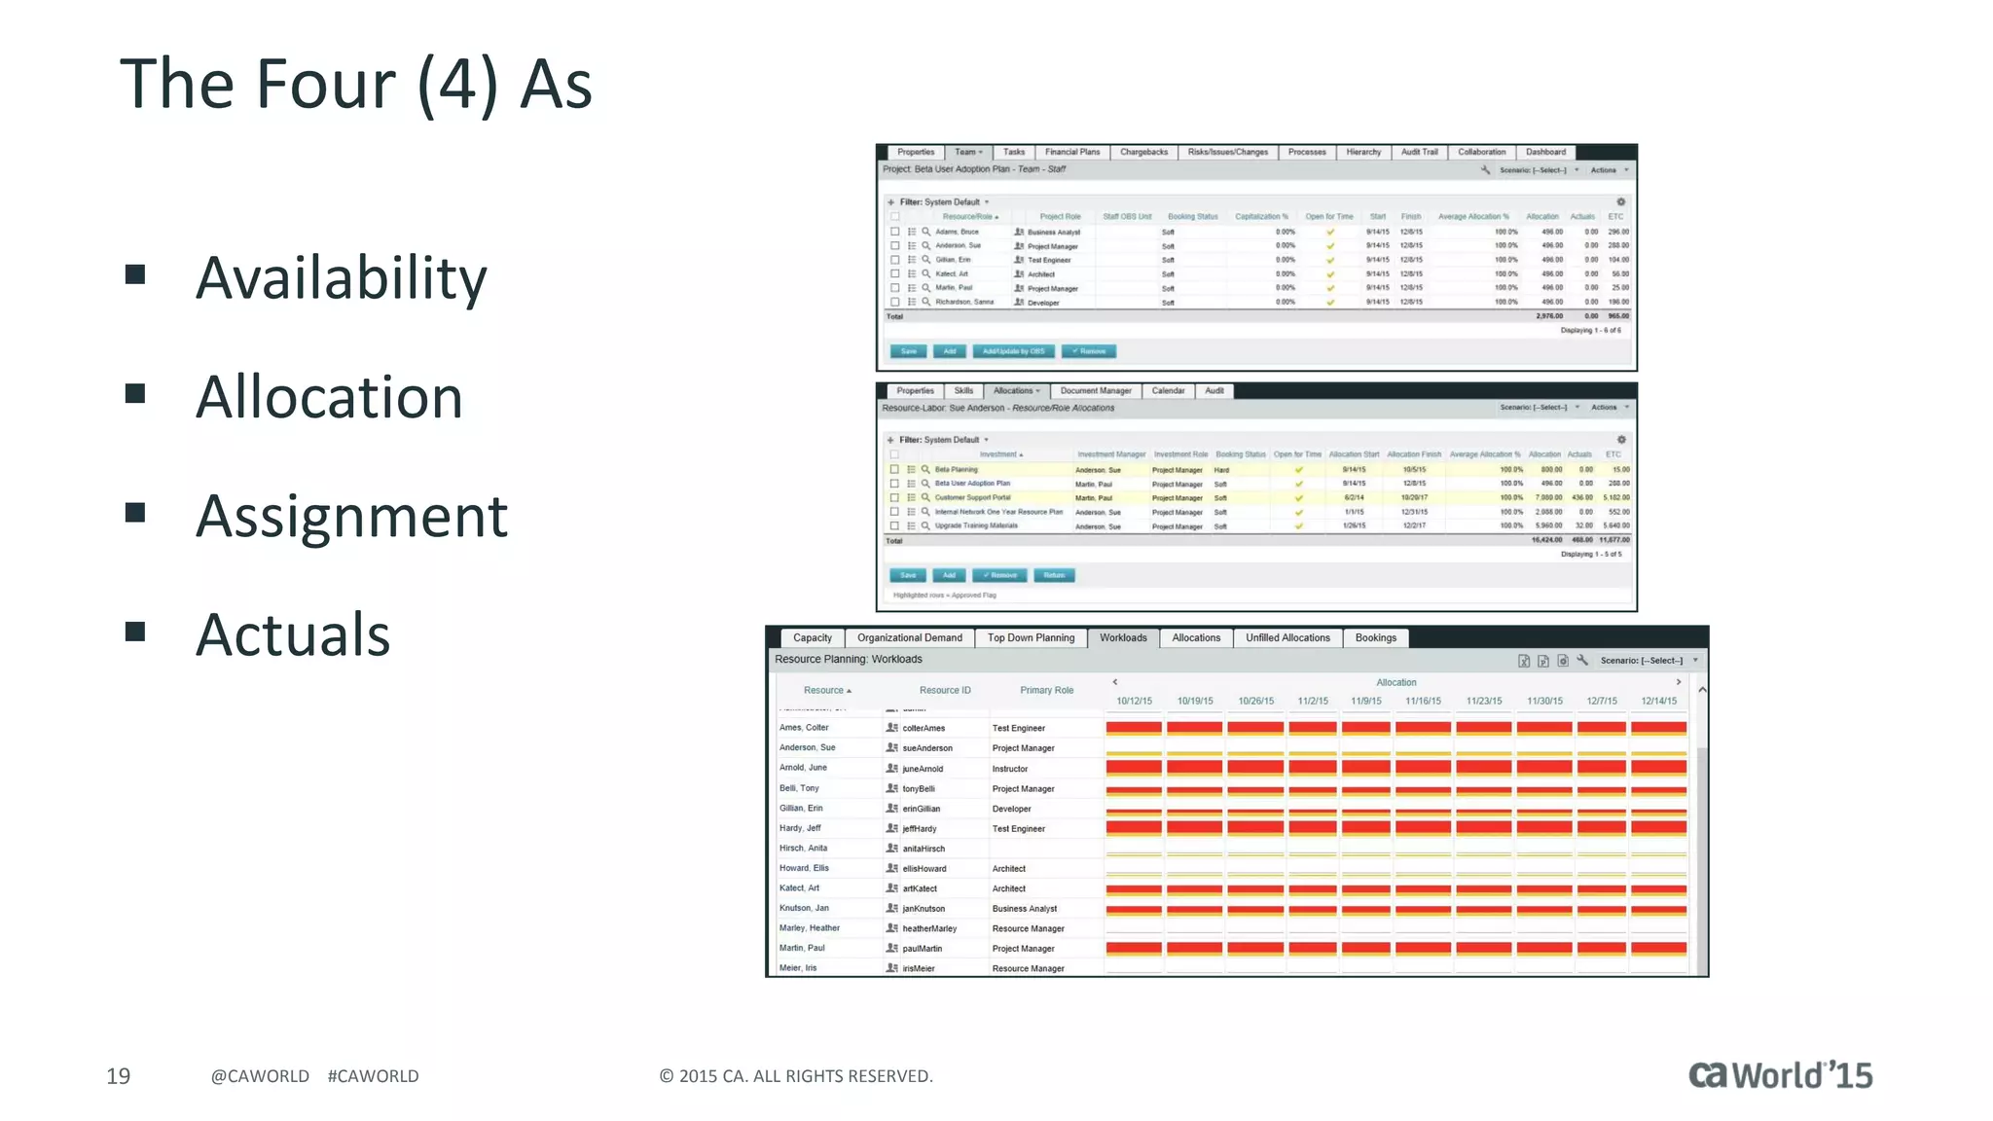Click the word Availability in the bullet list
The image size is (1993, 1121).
[341, 278]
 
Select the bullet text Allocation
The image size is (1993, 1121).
[329, 397]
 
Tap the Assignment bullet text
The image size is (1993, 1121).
[351, 516]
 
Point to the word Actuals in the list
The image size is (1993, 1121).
[293, 634]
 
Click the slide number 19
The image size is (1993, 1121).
[118, 1075]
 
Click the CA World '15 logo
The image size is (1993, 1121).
[1780, 1074]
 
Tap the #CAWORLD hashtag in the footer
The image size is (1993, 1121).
[373, 1075]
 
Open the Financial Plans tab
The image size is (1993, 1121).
[1071, 152]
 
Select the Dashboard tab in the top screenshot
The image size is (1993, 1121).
[1545, 152]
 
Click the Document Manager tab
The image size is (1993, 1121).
[1095, 390]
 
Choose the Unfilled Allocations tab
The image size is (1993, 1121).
[1287, 637]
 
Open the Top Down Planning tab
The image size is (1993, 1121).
[1031, 637]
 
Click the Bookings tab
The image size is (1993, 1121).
[1375, 637]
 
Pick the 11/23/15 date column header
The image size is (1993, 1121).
[1484, 701]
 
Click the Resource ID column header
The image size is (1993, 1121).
[945, 690]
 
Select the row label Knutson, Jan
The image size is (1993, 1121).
[804, 908]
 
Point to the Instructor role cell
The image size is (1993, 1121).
[1010, 769]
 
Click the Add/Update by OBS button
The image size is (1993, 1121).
[1013, 351]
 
